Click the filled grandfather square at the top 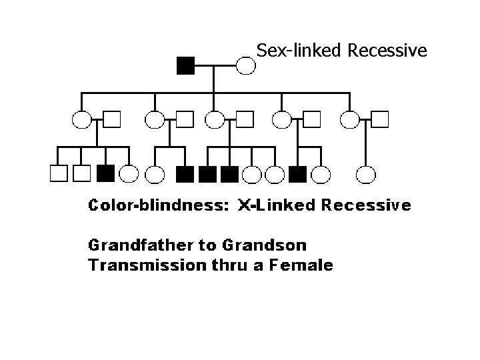[x=185, y=65]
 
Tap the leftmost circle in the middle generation [x=82, y=119]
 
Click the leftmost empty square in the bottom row [x=59, y=173]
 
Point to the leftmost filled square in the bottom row [x=105, y=173]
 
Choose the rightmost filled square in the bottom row [x=298, y=173]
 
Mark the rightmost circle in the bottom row [x=366, y=173]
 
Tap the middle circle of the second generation [x=214, y=119]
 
